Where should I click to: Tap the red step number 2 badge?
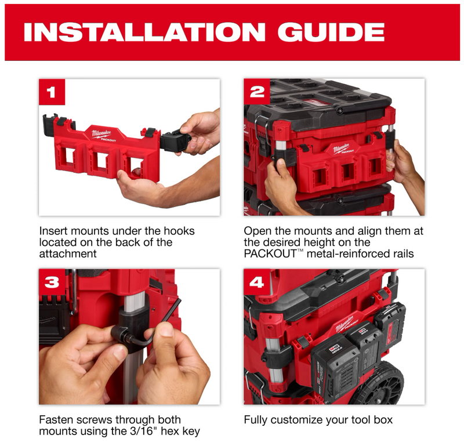257,92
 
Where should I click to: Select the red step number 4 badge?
257,282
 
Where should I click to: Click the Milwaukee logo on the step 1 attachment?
103,134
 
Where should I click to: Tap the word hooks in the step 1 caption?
177,231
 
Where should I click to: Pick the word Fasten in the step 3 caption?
56,419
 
